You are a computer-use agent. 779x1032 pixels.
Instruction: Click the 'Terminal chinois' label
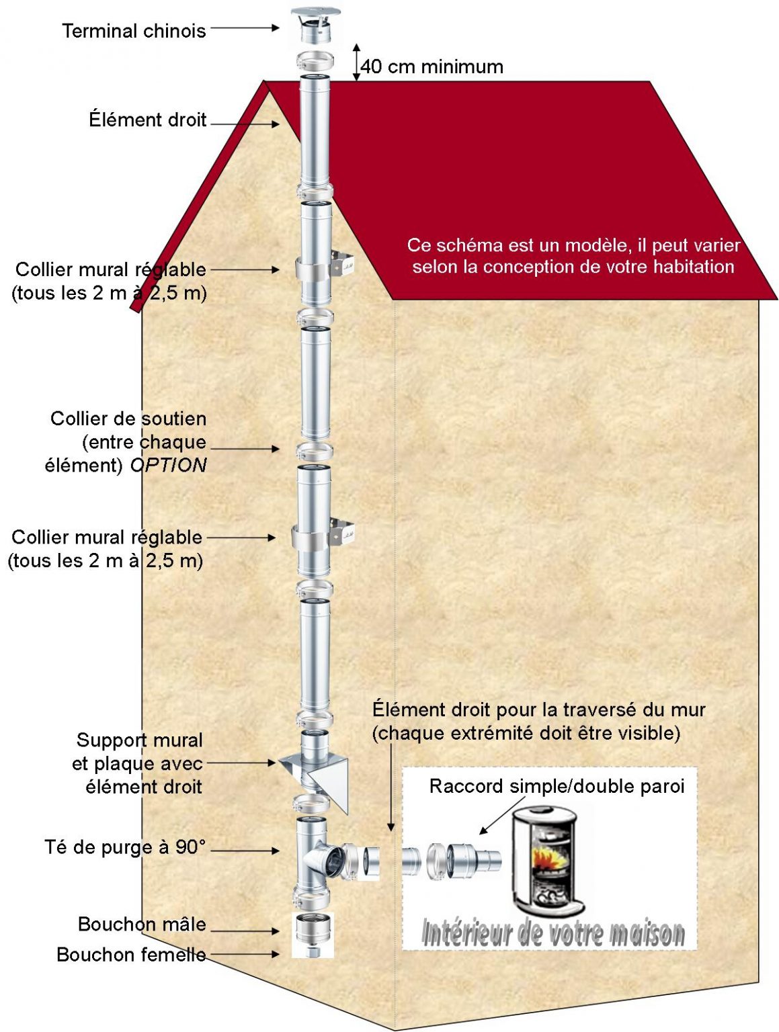pyautogui.click(x=134, y=31)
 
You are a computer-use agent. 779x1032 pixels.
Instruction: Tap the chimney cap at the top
pyautogui.click(x=315, y=24)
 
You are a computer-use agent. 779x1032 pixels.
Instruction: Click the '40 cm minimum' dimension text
pyautogui.click(x=432, y=67)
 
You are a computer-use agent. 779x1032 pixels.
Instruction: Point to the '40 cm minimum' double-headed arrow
pyautogui.click(x=357, y=62)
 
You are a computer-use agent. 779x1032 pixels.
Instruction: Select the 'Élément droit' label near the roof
pyautogui.click(x=147, y=120)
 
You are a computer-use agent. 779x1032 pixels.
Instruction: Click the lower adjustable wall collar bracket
pyautogui.click(x=323, y=536)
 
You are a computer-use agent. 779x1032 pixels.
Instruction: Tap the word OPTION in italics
pyautogui.click(x=168, y=465)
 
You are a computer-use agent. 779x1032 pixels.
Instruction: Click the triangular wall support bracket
pyautogui.click(x=320, y=773)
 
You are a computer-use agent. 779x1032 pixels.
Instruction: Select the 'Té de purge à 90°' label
pyautogui.click(x=124, y=847)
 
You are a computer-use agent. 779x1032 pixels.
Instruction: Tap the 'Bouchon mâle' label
pyautogui.click(x=142, y=924)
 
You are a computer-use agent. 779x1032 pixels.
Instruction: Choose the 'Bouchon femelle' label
pyautogui.click(x=131, y=954)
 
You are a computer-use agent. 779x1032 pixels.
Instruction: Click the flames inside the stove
pyautogui.click(x=545, y=857)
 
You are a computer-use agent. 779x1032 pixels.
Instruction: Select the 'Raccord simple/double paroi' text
pyautogui.click(x=557, y=786)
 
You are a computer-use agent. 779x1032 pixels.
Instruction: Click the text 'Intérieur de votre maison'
pyautogui.click(x=552, y=934)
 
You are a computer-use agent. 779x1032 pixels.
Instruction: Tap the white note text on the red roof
pyautogui.click(x=573, y=256)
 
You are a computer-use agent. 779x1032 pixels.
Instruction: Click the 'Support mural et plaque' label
pyautogui.click(x=138, y=763)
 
